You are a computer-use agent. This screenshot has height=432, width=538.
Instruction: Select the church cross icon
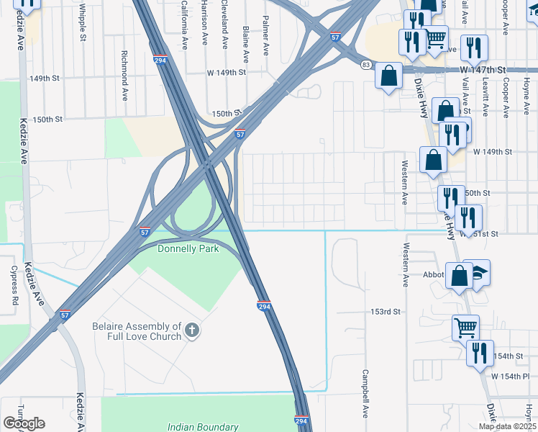tap(191, 330)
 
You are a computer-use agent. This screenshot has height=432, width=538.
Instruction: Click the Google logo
tap(24, 423)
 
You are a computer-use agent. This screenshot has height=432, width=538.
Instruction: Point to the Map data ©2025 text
tap(506, 426)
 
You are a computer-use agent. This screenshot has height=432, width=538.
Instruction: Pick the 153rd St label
tap(385, 312)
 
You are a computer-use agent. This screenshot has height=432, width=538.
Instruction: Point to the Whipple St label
tap(83, 22)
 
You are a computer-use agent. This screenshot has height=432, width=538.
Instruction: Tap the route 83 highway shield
tap(367, 65)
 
